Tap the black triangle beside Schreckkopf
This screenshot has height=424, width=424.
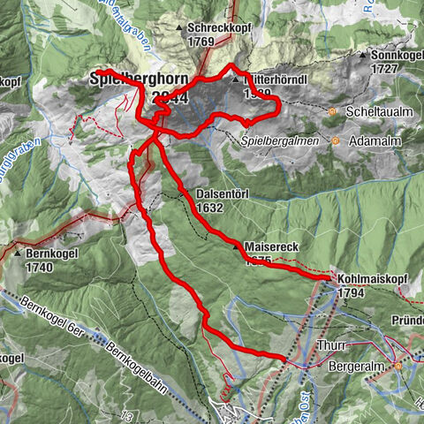[x=179, y=28]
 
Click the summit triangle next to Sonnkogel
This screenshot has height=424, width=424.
[x=361, y=56]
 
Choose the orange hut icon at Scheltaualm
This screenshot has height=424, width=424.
[x=332, y=112]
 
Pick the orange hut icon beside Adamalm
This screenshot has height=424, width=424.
[x=336, y=140]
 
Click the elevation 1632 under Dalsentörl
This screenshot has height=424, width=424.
[x=211, y=208]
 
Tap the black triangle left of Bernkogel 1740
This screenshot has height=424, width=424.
[x=19, y=253]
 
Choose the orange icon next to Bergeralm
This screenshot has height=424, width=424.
[x=398, y=365]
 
